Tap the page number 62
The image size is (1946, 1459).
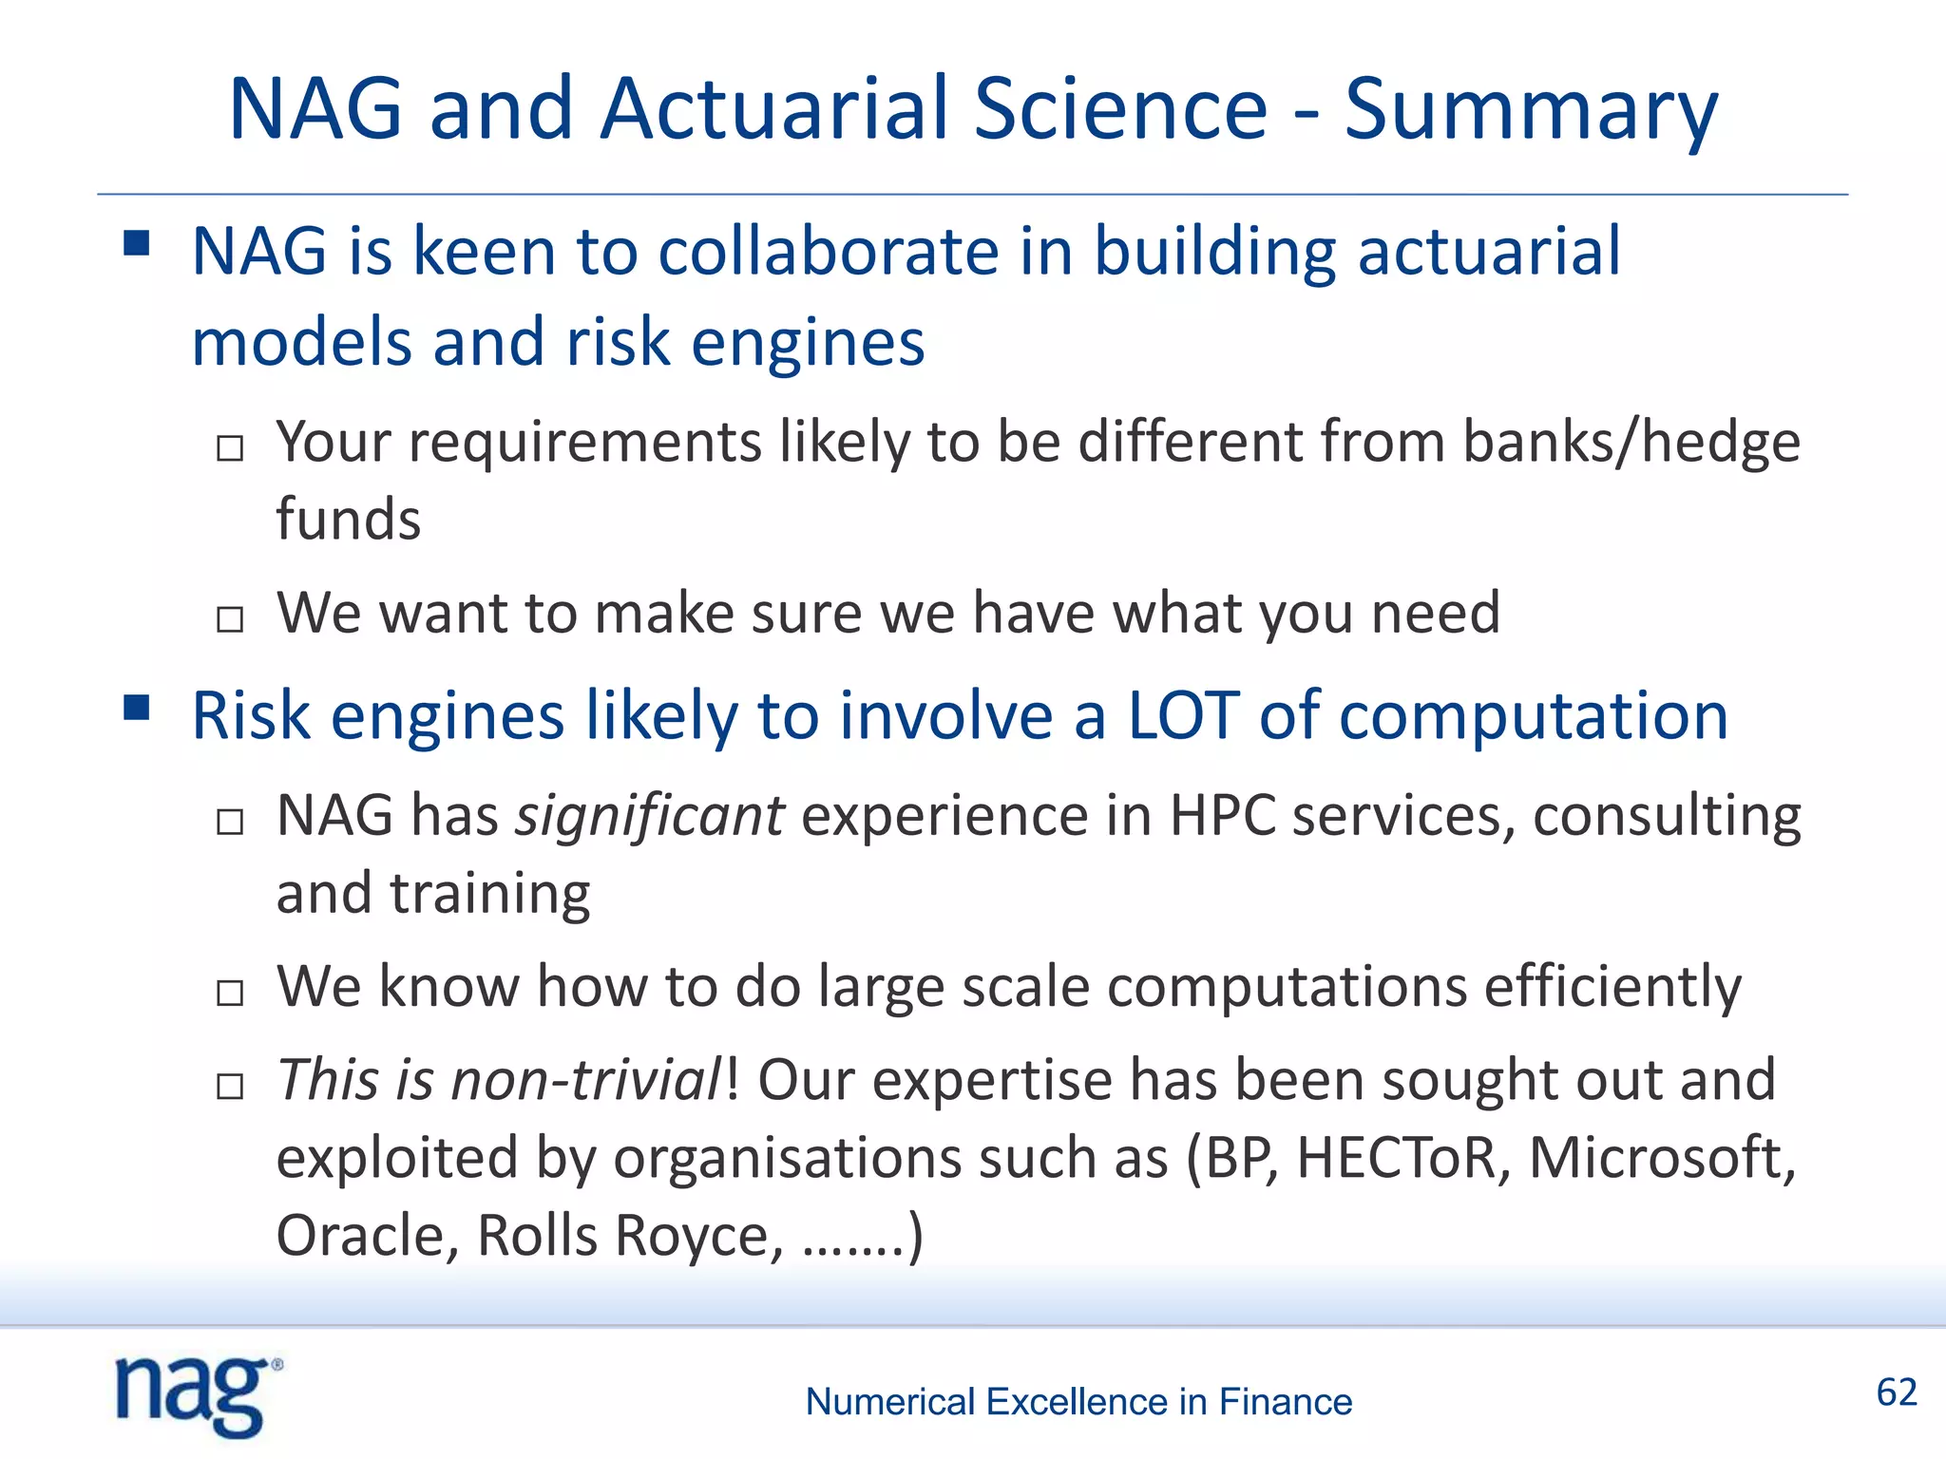click(x=1896, y=1393)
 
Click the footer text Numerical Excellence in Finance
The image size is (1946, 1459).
click(x=1078, y=1402)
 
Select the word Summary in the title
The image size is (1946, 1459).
click(x=1531, y=110)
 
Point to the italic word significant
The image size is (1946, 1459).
click(x=649, y=816)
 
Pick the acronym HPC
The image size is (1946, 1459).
click(x=1222, y=816)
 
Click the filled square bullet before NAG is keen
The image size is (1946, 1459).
click(x=137, y=244)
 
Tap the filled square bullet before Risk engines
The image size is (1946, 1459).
click(x=137, y=708)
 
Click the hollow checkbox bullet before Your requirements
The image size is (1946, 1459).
click(x=230, y=447)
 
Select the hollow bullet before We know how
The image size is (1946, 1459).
click(x=230, y=993)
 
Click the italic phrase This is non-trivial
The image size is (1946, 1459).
click(x=500, y=1081)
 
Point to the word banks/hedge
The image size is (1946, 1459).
click(x=1631, y=443)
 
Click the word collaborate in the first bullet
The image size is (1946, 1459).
click(x=828, y=252)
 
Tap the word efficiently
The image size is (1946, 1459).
click(x=1612, y=987)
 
